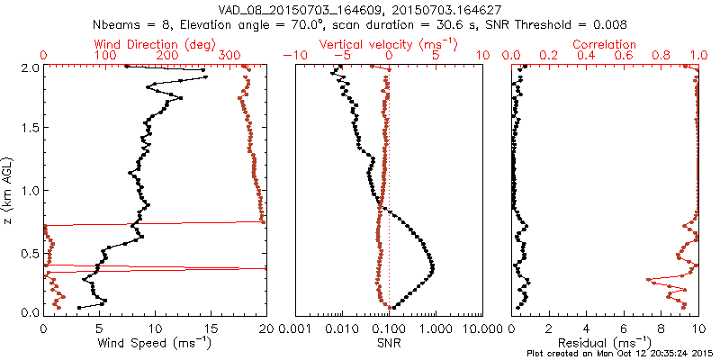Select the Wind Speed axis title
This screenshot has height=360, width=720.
click(x=155, y=342)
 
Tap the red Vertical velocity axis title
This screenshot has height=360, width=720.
click(x=388, y=44)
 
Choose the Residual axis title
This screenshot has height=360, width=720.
click(x=604, y=342)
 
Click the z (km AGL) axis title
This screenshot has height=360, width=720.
click(x=12, y=190)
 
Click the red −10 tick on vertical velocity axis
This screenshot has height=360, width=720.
click(x=293, y=57)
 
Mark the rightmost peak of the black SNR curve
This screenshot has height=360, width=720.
click(x=433, y=267)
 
